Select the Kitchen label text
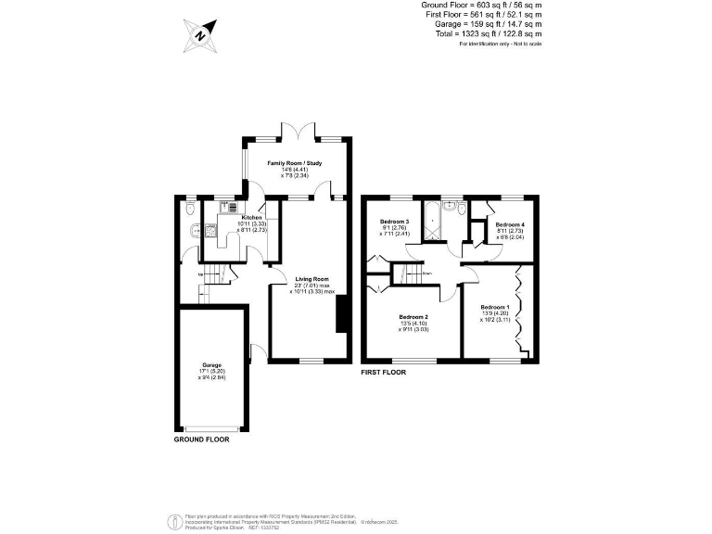coord(227,218)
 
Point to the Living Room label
coord(312,279)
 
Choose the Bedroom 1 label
coord(494,307)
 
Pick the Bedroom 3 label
coord(394,222)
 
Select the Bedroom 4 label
coord(510,225)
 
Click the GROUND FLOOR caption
coord(201,439)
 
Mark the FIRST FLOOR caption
coord(384,372)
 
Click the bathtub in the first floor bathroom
coord(433,222)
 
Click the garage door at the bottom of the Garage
coord(212,428)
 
